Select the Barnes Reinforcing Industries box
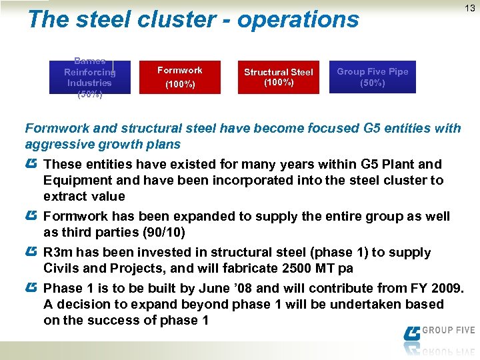(89, 77)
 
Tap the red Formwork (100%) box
(179, 77)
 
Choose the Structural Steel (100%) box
(278, 77)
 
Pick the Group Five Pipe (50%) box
(372, 77)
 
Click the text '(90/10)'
(163, 233)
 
